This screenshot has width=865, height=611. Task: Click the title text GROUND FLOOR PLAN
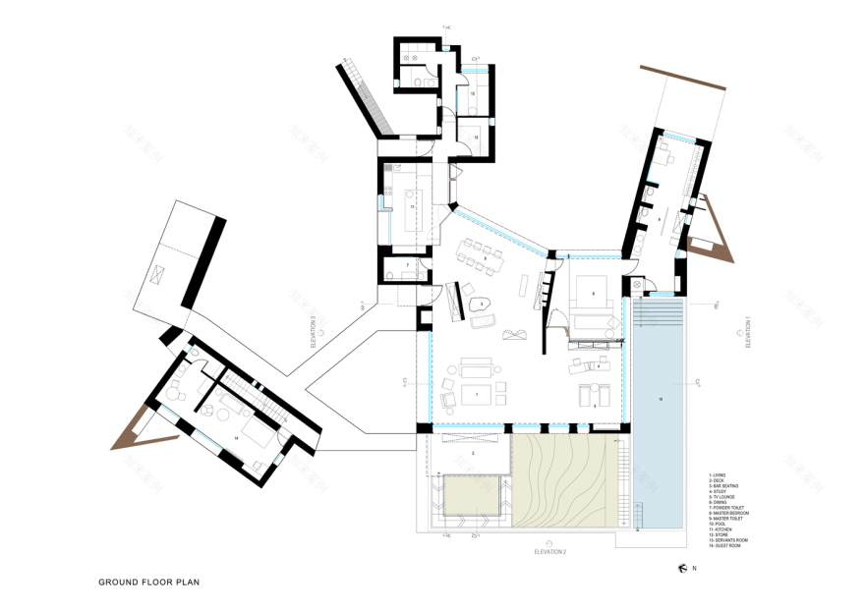[148, 582]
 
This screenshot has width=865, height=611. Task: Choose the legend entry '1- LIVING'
[719, 474]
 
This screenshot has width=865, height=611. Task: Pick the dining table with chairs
[480, 258]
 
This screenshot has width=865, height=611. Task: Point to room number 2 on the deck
[473, 452]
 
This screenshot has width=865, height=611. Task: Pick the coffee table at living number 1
[478, 394]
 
